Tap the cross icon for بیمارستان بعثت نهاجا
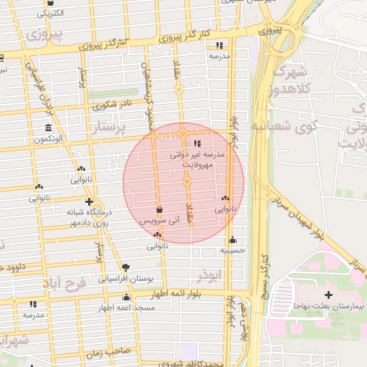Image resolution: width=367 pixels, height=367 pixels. [x=328, y=295]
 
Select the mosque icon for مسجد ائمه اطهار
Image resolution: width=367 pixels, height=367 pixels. [x=127, y=297]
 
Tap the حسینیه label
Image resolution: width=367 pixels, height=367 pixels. [x=232, y=251]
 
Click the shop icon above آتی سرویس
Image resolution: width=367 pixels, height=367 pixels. [x=158, y=210]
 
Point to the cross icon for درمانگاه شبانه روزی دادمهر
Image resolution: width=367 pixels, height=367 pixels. [x=89, y=201]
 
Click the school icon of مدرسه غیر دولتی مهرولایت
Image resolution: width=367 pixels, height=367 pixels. [x=198, y=143]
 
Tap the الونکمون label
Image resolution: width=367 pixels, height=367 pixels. [x=47, y=138]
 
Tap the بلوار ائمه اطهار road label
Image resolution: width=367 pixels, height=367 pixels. [x=181, y=295]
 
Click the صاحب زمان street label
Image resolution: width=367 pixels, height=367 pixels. [x=106, y=353]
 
